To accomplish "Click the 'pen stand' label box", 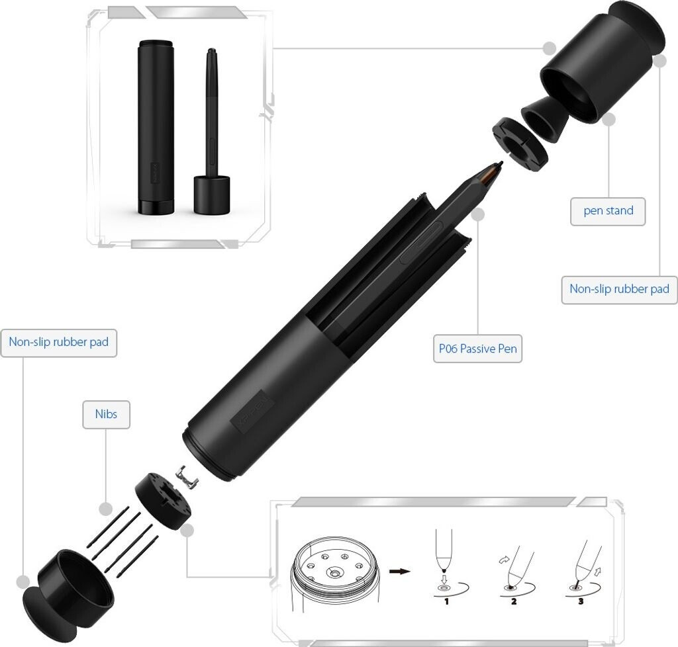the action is pos(608,211).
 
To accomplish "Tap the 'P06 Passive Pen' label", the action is pos(478,349).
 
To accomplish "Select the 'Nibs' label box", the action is pos(106,414).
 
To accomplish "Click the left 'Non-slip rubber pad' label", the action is pos(59,343).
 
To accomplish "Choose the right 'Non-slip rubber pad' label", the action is pos(619,289).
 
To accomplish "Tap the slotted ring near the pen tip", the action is pos(519,144).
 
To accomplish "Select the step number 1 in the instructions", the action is pos(446,601).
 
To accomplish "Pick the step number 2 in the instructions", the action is pos(514,601).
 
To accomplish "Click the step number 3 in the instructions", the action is pos(581,601).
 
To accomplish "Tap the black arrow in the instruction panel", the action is pos(400,572).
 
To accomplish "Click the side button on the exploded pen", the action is pos(420,242).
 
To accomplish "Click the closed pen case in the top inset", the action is pos(156,128).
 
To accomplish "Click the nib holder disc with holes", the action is pos(164,501).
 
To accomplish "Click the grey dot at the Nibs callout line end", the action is pos(105,509).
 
